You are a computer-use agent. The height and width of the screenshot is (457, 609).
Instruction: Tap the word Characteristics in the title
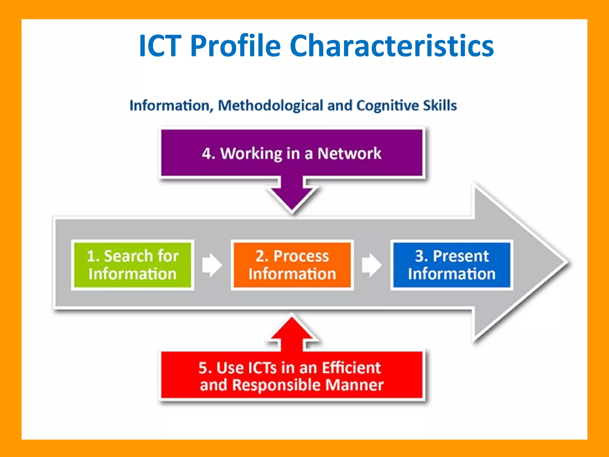[392, 46]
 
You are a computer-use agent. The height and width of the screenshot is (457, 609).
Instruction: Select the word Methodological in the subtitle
[270, 106]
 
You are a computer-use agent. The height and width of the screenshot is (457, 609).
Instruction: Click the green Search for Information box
[133, 265]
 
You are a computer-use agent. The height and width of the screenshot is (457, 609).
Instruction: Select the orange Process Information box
[292, 265]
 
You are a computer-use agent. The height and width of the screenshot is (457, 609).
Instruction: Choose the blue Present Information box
[452, 265]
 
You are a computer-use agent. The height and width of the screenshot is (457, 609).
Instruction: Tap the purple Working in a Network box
[291, 153]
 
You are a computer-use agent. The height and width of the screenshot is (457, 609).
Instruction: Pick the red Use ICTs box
[291, 375]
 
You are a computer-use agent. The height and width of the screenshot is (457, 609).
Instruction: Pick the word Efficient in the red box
[351, 367]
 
